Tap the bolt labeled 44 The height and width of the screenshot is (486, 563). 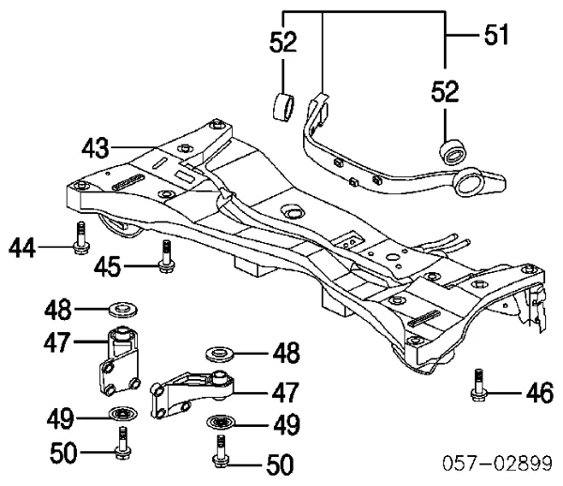coord(78,238)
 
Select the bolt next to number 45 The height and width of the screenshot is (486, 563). coord(166,256)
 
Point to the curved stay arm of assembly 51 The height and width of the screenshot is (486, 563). coord(375,169)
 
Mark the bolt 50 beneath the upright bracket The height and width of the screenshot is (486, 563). coord(122,441)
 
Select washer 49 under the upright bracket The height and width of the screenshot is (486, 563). coord(120,414)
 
